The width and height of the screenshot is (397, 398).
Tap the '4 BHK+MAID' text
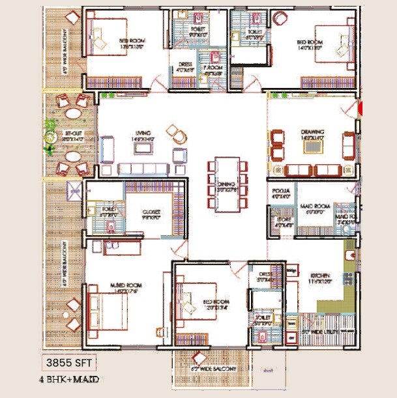[x=68, y=378]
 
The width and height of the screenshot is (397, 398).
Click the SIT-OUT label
[x=72, y=134]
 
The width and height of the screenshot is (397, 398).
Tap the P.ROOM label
[x=213, y=70]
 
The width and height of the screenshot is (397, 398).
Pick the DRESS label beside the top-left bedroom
[x=184, y=64]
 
